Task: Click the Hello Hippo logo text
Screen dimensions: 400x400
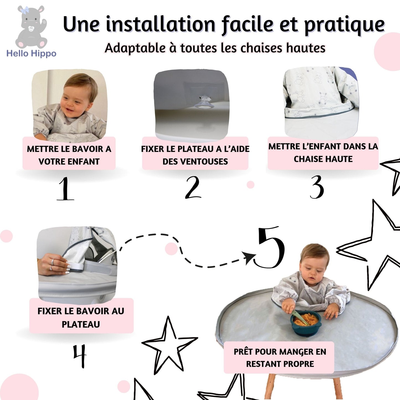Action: [31, 53]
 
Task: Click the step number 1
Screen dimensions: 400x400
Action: [65, 189]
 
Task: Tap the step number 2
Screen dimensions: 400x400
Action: [193, 187]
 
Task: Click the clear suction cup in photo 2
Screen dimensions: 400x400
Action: [204, 103]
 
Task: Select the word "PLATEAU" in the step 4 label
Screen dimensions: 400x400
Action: [81, 324]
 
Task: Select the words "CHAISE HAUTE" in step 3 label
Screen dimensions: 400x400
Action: [323, 159]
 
